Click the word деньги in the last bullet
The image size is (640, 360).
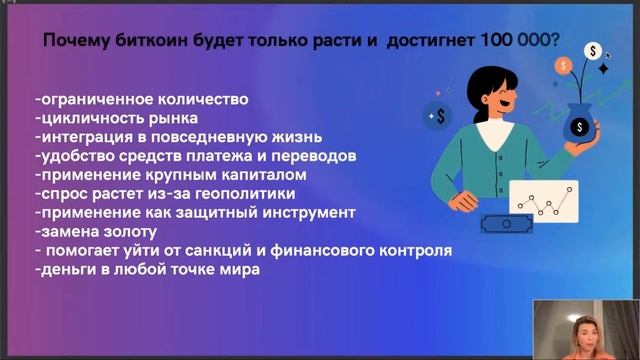point(67,270)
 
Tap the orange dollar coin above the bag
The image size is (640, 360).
point(567,66)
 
